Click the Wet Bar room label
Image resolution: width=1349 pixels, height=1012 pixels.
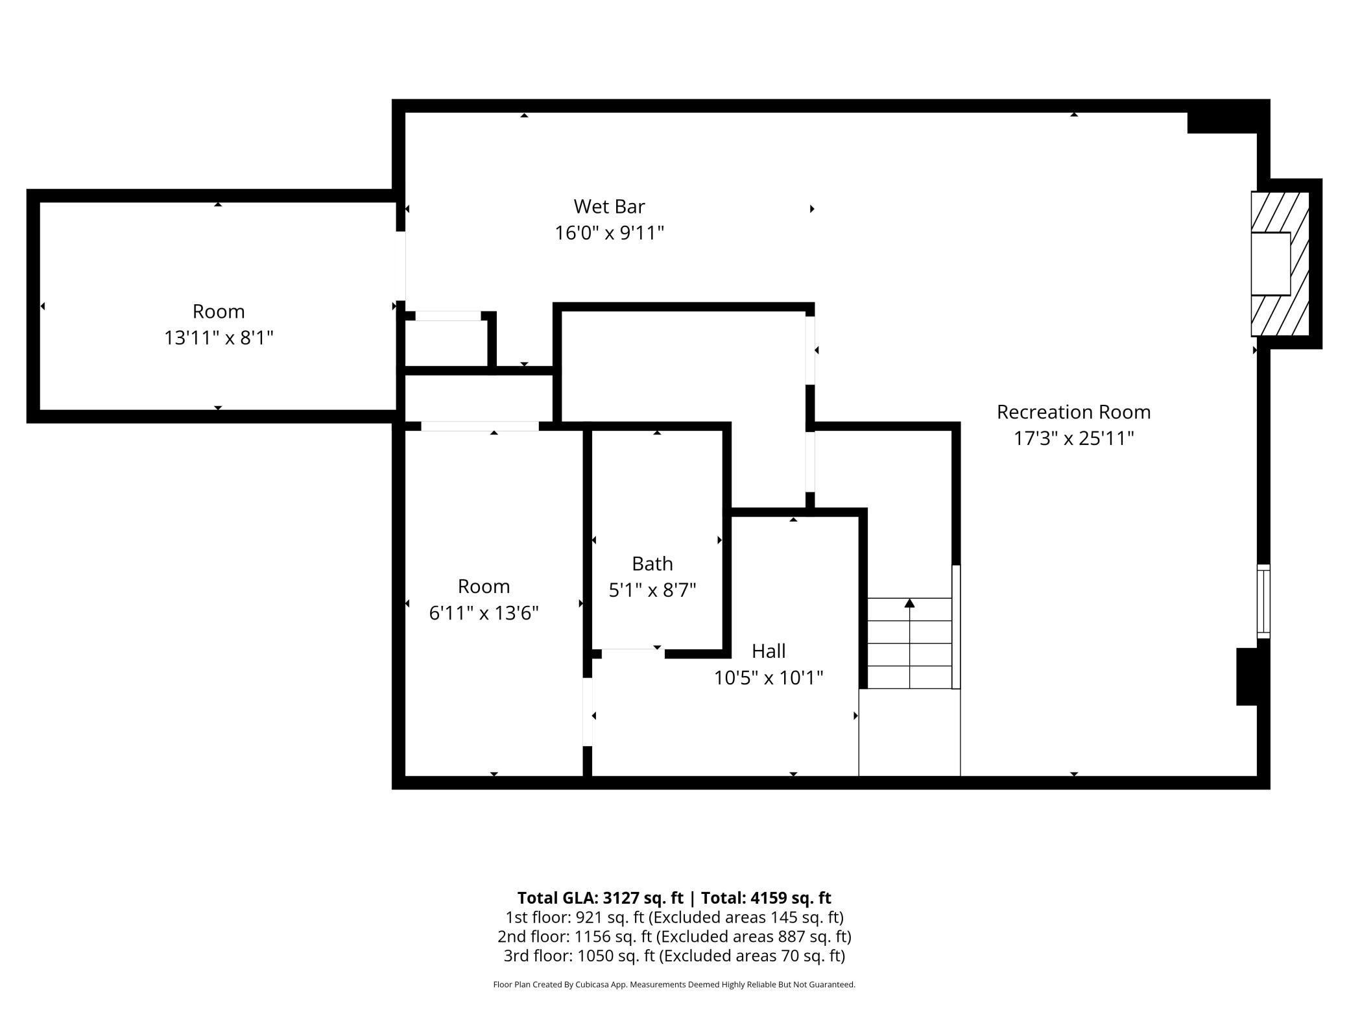pos(609,206)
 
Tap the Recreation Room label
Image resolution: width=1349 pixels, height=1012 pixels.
pos(1073,412)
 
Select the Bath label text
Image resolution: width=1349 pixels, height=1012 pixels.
pos(652,563)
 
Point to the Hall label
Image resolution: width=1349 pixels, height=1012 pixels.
pos(769,651)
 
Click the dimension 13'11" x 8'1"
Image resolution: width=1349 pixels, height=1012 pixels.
pos(219,337)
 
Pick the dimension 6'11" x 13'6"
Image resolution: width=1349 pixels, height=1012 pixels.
pos(484,612)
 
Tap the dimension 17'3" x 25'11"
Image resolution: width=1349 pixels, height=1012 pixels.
pos(1073,438)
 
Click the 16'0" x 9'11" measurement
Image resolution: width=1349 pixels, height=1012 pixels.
pos(609,232)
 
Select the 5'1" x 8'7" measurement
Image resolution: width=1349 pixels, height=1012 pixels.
pos(652,590)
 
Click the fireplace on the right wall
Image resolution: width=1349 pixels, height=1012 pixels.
pos(1280,264)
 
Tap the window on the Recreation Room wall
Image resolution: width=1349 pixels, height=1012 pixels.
pos(1263,601)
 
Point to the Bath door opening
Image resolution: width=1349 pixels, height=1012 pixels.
pos(633,653)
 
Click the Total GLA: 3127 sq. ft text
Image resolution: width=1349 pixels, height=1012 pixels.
pos(600,898)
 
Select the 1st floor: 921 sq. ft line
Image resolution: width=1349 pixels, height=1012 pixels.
pos(674,917)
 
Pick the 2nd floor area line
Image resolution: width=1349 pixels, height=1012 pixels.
pos(674,937)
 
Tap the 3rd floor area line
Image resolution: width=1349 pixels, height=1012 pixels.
pos(674,956)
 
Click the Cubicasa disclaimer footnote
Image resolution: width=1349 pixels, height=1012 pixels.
pos(674,985)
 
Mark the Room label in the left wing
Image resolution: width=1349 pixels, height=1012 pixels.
pos(219,311)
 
